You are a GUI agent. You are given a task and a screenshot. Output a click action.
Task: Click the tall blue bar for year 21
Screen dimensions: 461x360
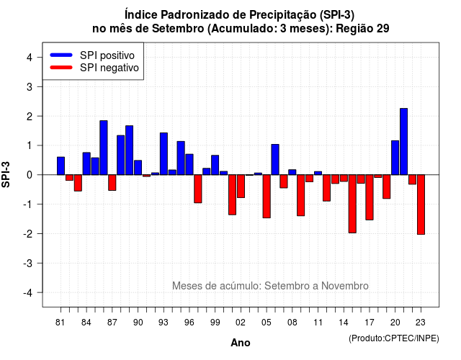403,141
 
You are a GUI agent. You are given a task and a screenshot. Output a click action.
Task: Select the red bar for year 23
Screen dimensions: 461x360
421,204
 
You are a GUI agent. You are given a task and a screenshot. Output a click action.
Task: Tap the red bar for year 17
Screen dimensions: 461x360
370,197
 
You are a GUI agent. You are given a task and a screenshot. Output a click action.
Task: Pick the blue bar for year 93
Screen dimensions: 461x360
164,153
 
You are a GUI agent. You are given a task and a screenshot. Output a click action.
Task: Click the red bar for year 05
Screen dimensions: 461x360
267,197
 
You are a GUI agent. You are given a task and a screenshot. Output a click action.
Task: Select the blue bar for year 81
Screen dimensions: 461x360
61,166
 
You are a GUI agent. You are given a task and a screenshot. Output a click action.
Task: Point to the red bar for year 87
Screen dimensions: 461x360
112,182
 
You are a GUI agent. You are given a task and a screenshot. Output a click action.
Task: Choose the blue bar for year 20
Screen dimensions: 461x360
395,158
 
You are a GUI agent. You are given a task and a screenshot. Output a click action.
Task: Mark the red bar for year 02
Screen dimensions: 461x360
241,186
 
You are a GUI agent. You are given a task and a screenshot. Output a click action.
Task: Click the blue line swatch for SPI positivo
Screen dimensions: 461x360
61,55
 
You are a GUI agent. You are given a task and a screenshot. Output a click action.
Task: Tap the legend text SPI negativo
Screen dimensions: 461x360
109,68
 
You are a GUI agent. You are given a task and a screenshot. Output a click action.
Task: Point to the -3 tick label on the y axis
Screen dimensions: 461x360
28,263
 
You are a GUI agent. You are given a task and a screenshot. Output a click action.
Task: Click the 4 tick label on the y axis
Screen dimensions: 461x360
30,57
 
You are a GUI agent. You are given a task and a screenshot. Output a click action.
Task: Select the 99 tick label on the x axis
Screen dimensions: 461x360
215,323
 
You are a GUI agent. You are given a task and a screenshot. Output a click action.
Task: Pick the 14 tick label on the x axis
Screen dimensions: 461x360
344,323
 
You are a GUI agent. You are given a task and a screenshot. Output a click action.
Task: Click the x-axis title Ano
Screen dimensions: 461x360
241,343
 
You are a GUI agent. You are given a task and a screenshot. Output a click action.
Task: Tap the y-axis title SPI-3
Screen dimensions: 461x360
6,174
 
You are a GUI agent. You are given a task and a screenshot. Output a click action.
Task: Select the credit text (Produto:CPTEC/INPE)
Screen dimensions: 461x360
394,338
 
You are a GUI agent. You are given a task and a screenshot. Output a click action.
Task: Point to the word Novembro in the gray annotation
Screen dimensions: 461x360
345,286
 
